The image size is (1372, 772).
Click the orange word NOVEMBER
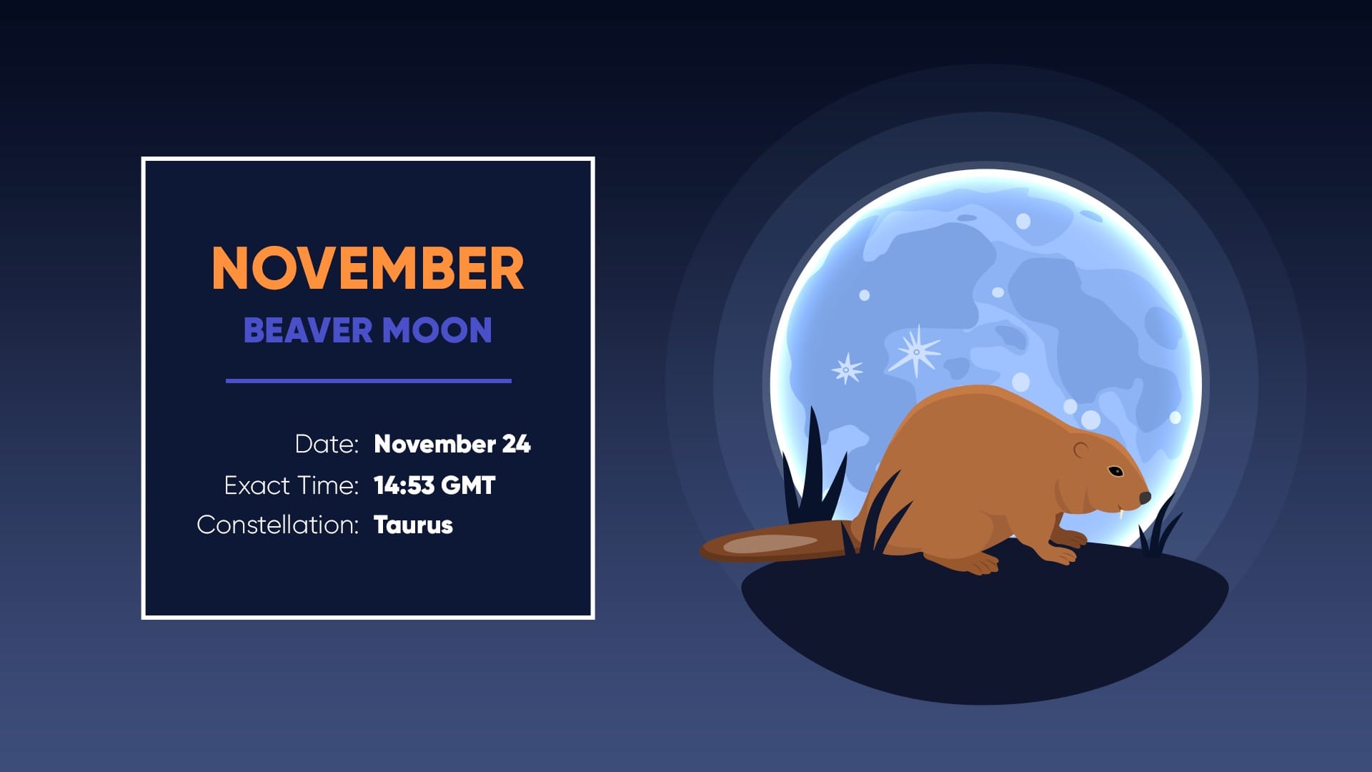tap(368, 269)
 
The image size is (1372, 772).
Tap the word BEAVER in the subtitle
tap(308, 330)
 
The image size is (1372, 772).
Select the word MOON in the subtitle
tap(437, 330)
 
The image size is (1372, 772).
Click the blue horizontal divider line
tap(368, 381)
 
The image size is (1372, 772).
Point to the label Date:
tap(327, 444)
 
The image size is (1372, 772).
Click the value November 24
tap(452, 444)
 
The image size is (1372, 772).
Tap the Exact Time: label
tap(291, 485)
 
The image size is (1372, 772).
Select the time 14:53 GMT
tap(434, 485)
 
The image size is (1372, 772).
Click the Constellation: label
tap(277, 525)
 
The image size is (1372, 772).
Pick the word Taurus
tap(413, 525)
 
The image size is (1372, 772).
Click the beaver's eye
tap(1115, 470)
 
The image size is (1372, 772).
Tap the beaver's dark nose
tap(1145, 498)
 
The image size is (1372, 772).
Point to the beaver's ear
tap(1081, 450)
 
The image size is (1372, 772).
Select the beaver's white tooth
tap(1123, 513)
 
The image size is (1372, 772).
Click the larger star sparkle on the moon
tap(916, 351)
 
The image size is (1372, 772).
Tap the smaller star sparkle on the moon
tap(847, 370)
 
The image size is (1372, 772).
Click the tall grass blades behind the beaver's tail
tap(815, 472)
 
